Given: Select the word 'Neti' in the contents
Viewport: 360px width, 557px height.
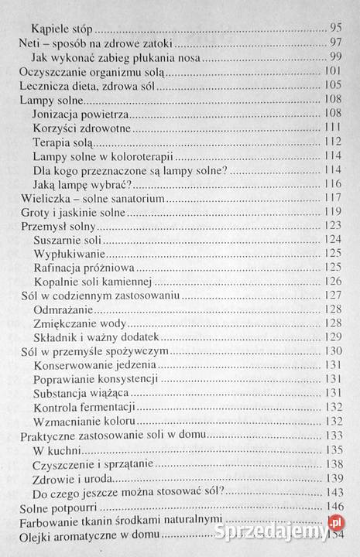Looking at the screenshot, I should (29, 43).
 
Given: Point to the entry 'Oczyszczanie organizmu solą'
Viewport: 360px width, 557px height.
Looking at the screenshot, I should (88, 71).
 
